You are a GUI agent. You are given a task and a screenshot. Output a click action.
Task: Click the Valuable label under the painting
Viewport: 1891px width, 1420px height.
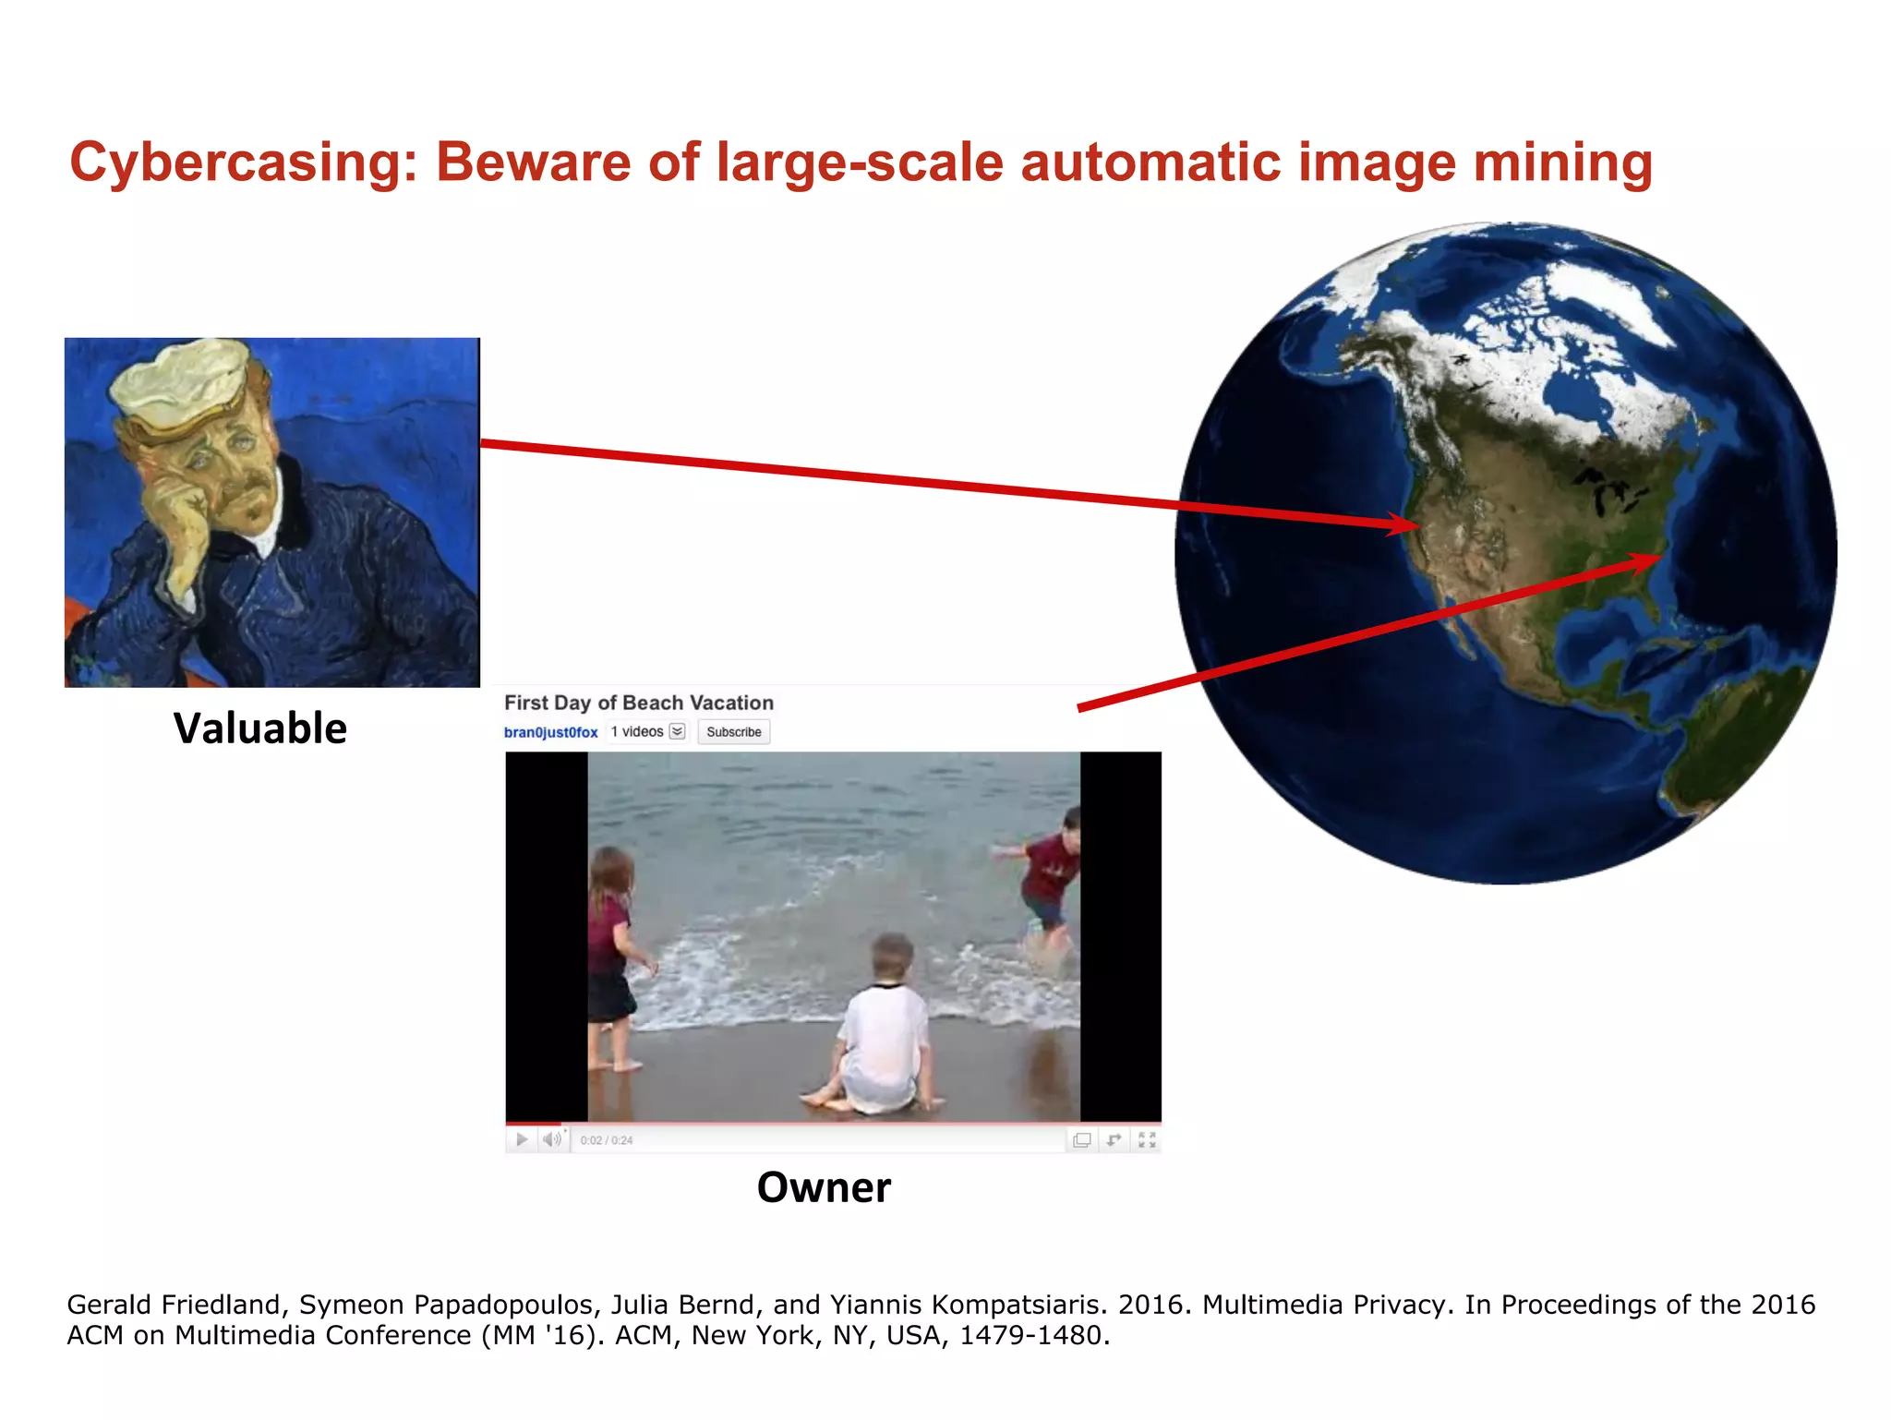260,728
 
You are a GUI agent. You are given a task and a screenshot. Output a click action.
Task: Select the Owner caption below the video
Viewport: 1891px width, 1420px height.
824,1187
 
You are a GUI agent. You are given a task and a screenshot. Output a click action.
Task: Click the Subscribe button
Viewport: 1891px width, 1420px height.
733,732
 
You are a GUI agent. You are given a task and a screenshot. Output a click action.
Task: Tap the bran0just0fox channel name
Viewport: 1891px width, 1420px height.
550,732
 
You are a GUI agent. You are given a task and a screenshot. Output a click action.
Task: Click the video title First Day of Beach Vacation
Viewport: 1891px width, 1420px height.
638,703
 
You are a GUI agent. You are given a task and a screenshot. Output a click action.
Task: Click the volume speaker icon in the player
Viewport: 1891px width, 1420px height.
552,1140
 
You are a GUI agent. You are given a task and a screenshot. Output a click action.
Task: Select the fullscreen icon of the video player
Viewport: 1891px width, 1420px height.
1147,1140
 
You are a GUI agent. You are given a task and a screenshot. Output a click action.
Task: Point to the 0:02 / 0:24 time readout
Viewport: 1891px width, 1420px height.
607,1141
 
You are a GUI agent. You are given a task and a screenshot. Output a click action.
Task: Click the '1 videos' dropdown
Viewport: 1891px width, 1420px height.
647,732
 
